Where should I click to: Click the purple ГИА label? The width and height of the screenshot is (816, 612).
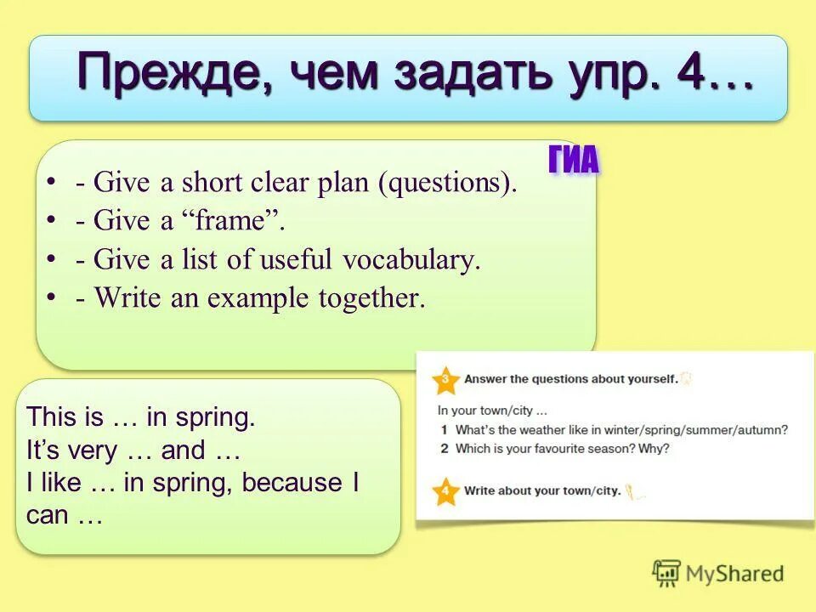(x=574, y=160)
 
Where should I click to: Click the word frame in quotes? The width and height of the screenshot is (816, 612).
(x=229, y=221)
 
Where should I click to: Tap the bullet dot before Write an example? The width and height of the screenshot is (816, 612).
(x=52, y=297)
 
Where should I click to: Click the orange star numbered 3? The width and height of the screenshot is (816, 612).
(x=445, y=380)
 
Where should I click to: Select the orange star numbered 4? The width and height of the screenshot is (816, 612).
(x=445, y=491)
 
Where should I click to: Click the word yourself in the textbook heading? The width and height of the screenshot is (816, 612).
(x=649, y=379)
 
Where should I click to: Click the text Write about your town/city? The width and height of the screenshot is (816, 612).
(x=541, y=490)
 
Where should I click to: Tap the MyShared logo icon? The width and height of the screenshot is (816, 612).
(x=666, y=573)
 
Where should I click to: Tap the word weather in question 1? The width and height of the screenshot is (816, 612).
(x=538, y=430)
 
